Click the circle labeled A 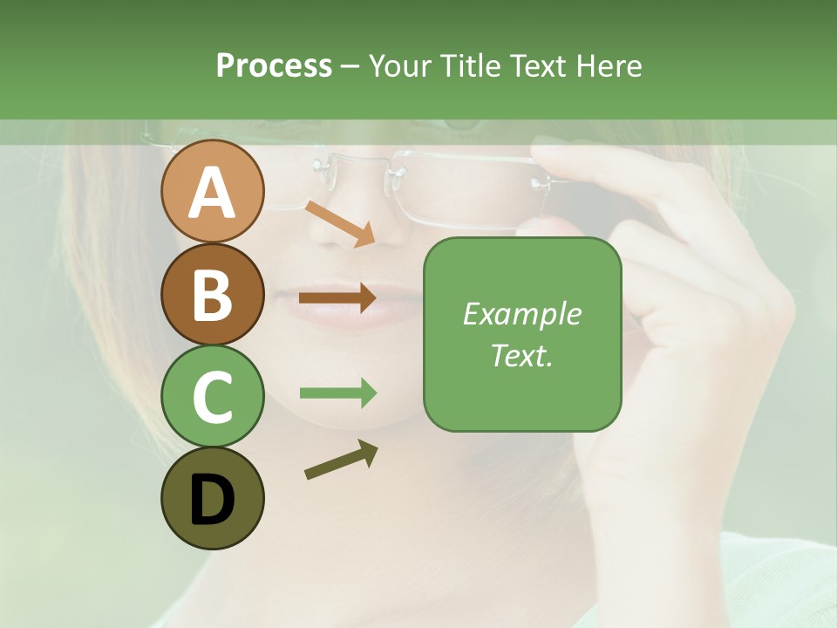(x=212, y=191)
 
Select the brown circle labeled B (x=212, y=294)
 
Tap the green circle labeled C (x=212, y=396)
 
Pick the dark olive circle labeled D (x=212, y=498)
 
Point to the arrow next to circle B (x=337, y=298)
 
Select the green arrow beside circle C (x=337, y=393)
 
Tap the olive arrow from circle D (x=341, y=460)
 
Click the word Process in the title (x=274, y=65)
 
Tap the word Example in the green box (x=521, y=314)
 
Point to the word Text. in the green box (x=521, y=355)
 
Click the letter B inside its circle (x=212, y=295)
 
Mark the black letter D (x=212, y=500)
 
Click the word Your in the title (x=400, y=65)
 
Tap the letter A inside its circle (x=212, y=193)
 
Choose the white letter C (x=212, y=398)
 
